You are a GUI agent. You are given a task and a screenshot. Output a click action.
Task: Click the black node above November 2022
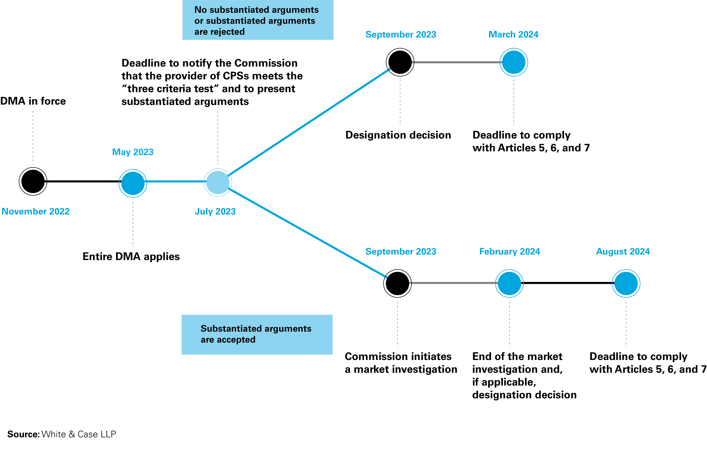[x=33, y=181]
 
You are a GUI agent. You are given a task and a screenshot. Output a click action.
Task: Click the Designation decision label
[x=398, y=135]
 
